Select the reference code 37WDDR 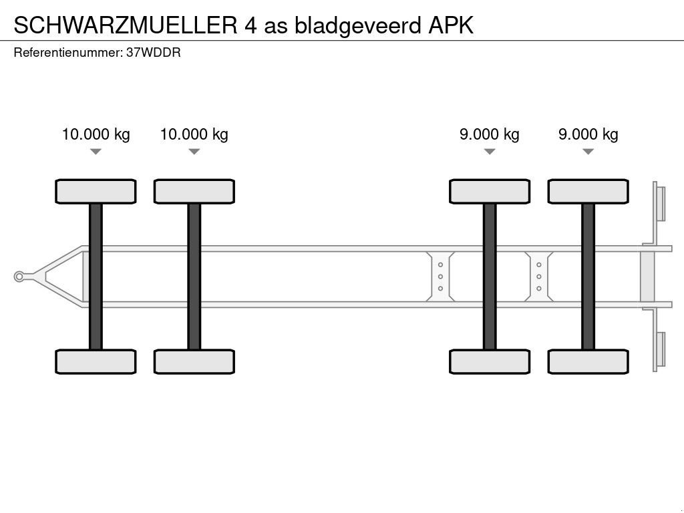[x=153, y=52]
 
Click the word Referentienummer [x=67, y=52]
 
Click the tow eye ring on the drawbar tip [x=19, y=277]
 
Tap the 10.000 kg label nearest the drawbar [x=96, y=134]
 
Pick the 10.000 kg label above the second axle [x=194, y=134]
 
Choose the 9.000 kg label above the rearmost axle [x=588, y=134]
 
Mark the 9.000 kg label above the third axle [x=489, y=134]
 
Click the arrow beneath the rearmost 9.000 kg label [x=588, y=152]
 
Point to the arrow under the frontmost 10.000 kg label [x=96, y=152]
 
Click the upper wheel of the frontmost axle [x=96, y=192]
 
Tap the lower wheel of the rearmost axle [x=588, y=361]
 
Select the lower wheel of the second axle [x=194, y=361]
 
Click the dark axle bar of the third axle [x=490, y=277]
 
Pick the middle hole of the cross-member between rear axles [x=538, y=277]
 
